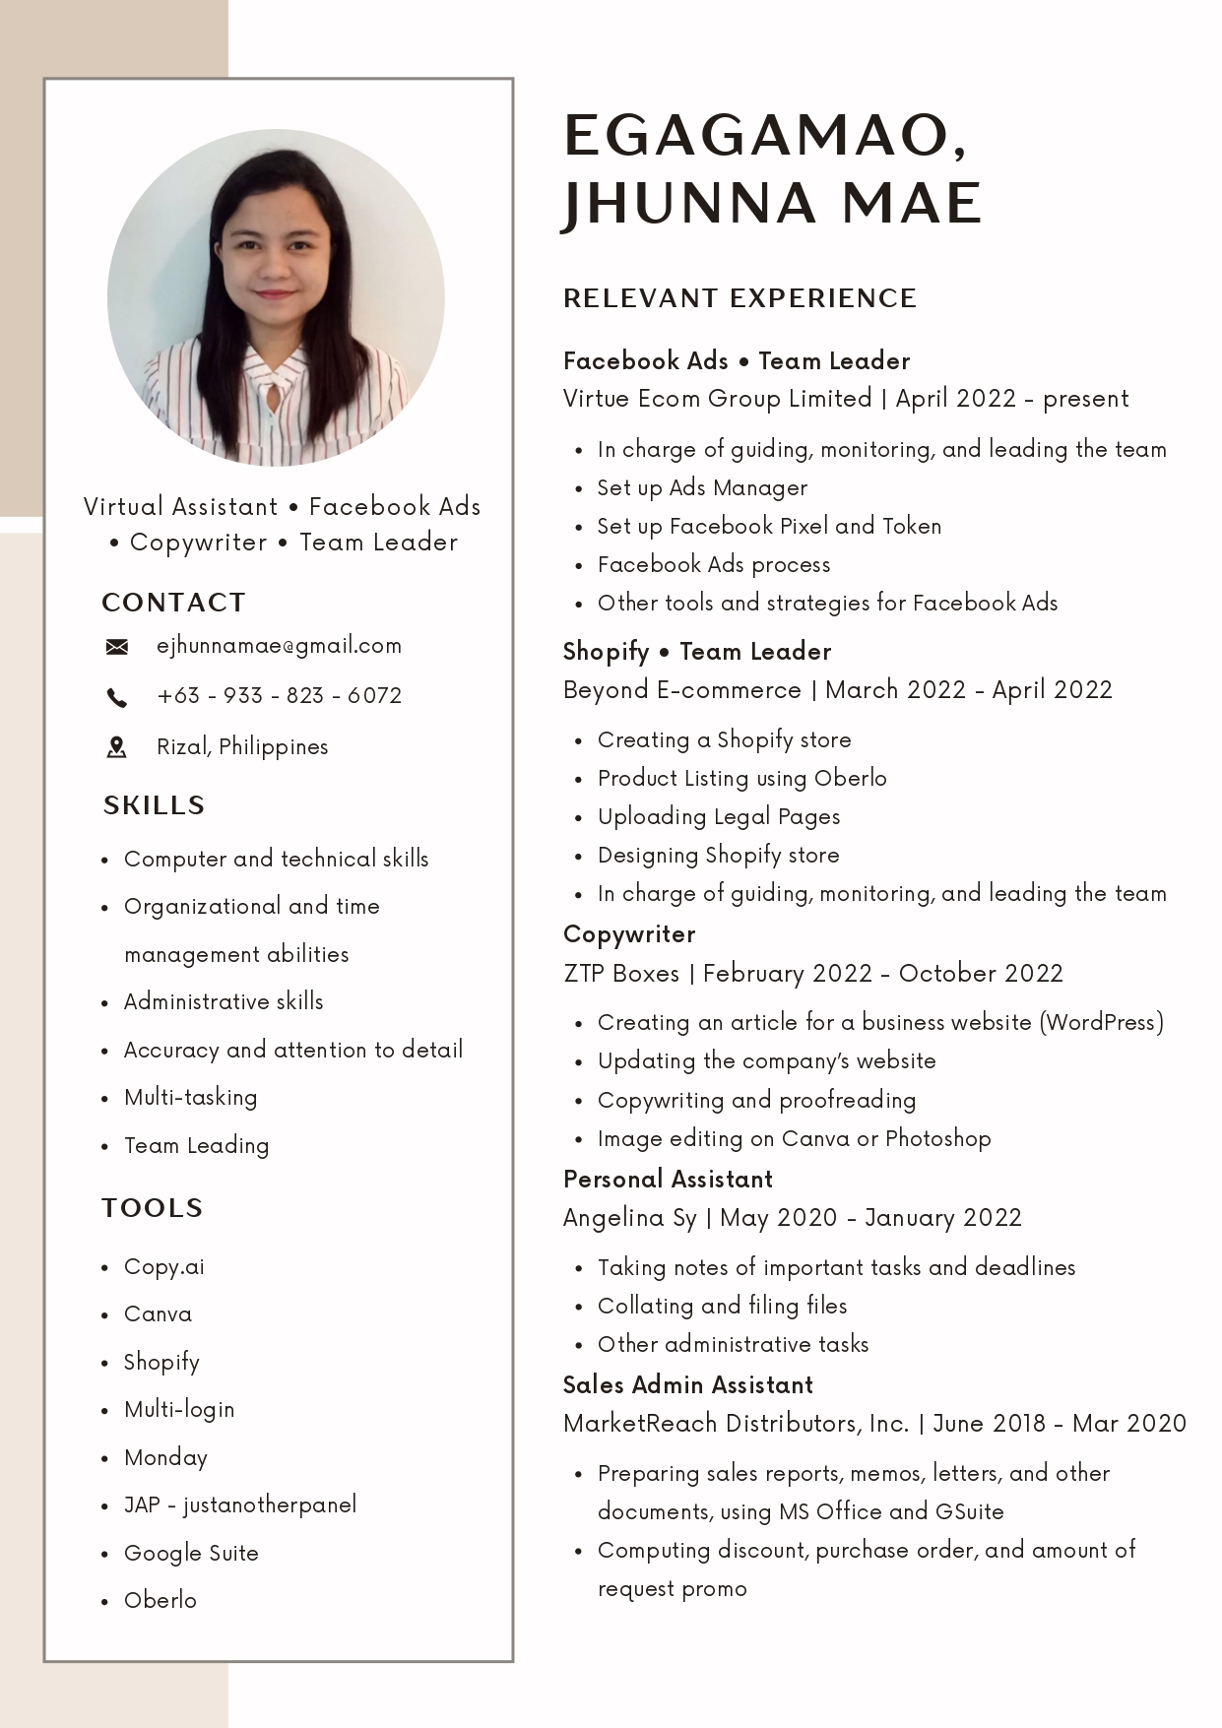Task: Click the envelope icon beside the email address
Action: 116,647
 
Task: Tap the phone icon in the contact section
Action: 116,698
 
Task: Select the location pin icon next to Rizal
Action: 116,747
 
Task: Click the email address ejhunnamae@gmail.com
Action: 279,646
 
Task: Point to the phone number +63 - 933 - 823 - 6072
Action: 279,696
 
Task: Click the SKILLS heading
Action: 154,805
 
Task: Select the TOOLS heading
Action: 152,1208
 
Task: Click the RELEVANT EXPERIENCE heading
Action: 740,298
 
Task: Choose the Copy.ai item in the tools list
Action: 163,1267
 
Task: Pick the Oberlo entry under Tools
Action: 160,1600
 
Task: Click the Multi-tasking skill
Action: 190,1098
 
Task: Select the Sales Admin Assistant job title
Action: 687,1385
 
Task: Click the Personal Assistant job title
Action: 668,1180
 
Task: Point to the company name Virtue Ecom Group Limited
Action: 717,399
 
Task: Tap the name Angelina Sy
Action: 629,1218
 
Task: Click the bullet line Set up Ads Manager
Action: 702,488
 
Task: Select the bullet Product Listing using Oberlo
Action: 741,779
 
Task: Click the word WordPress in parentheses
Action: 1101,1023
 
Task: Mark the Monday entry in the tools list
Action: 165,1458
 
